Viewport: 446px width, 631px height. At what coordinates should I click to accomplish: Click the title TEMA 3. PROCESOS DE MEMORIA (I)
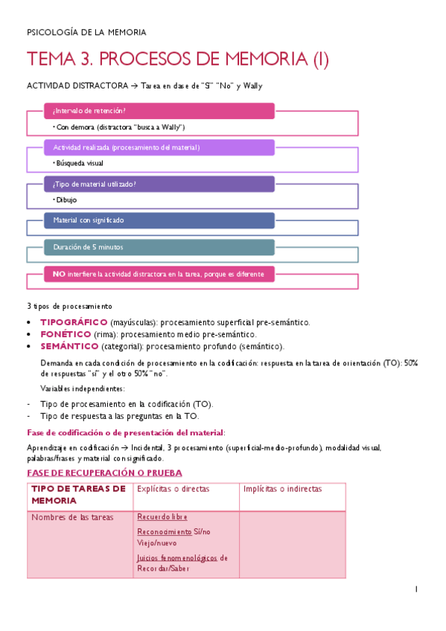click(x=177, y=59)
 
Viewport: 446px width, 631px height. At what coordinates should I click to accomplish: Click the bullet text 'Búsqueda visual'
click(x=79, y=163)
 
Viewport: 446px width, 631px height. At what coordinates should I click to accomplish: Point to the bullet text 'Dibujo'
click(x=66, y=199)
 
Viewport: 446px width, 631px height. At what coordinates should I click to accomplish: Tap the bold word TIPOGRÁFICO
click(x=74, y=322)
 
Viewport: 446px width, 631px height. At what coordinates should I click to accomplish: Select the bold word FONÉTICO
click(x=66, y=334)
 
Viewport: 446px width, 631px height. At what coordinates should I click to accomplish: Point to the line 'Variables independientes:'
click(x=83, y=388)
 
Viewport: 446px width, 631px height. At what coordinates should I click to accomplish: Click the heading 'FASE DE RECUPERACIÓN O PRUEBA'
click(x=104, y=473)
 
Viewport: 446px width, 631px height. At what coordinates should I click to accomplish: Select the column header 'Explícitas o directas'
click(x=173, y=489)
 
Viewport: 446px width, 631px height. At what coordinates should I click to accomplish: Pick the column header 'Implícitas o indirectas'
click(x=284, y=489)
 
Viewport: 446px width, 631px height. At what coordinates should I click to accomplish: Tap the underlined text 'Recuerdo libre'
click(x=162, y=517)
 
